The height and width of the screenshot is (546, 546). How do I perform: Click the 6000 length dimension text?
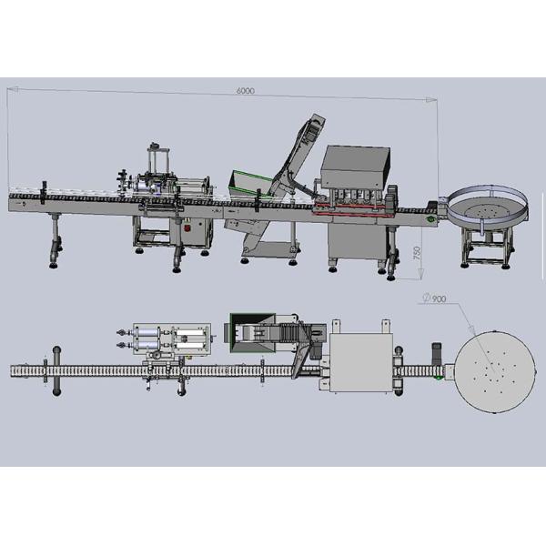(x=245, y=91)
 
